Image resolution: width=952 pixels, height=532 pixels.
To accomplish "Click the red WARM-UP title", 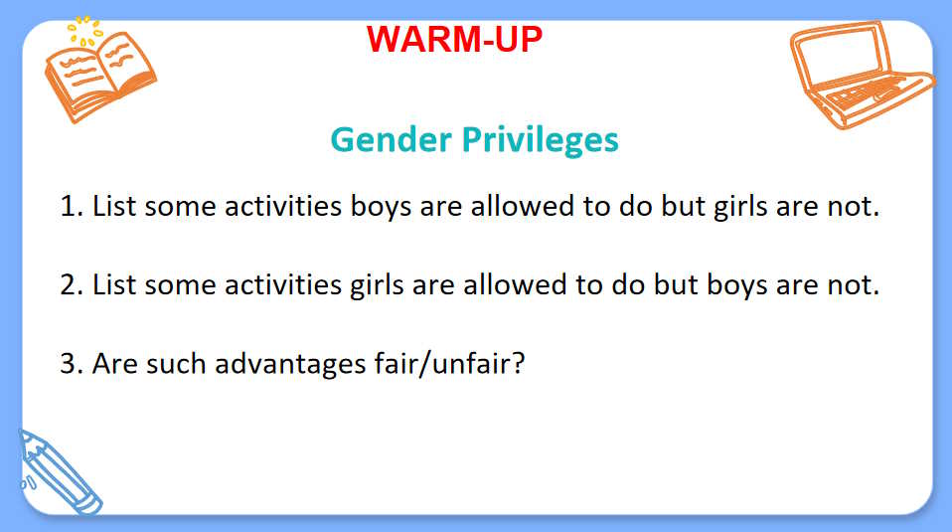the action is coord(454,40).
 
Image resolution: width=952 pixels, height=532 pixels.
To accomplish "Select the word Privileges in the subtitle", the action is coord(541,140).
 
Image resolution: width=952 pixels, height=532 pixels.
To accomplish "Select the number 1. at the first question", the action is coord(72,207).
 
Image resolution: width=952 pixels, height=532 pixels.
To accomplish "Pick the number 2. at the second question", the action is coord(72,284).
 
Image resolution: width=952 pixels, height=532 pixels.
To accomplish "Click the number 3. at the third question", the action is coord(72,364).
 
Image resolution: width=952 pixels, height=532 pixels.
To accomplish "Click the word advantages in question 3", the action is coord(290,365).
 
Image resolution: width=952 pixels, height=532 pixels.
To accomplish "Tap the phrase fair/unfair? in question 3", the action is coord(449,364).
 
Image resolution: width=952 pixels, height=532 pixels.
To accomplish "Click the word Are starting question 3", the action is coord(114,364).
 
